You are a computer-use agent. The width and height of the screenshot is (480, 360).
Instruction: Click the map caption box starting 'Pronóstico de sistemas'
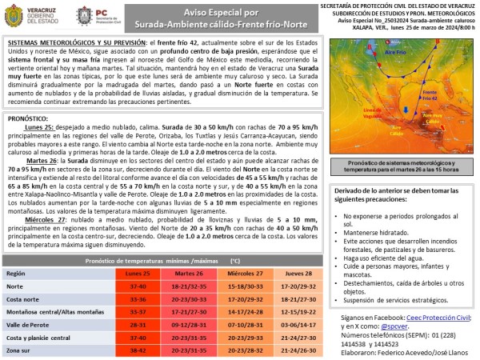point(397,165)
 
